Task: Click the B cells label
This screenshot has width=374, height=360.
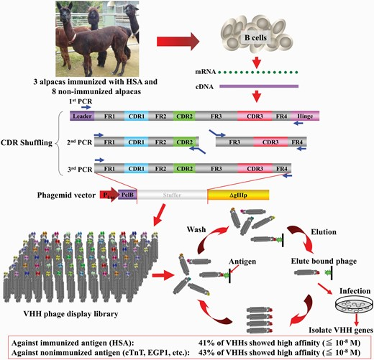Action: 255,37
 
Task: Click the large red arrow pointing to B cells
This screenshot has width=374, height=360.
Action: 178,42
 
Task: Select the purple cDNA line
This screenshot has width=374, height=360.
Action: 259,86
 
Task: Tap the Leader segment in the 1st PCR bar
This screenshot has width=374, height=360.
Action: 82,116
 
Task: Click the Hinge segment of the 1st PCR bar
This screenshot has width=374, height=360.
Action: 305,116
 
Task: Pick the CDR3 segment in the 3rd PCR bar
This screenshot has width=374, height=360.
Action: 255,169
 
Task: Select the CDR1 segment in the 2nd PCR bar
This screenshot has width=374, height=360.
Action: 136,142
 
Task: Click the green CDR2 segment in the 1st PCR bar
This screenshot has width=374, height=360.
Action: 184,116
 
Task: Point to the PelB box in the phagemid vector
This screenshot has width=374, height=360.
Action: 127,195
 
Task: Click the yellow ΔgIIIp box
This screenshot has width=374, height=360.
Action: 238,195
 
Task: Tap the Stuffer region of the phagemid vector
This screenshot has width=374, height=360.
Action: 172,195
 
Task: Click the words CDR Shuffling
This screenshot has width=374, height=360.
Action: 27,143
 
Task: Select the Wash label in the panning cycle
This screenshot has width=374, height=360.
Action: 196,229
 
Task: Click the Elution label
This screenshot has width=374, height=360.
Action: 324,232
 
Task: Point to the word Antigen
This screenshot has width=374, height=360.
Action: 242,262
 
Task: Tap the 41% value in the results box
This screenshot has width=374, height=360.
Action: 206,343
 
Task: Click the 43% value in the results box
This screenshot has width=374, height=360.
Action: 206,353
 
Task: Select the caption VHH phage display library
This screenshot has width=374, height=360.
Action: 70,314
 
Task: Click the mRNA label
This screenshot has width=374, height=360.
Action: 206,72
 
